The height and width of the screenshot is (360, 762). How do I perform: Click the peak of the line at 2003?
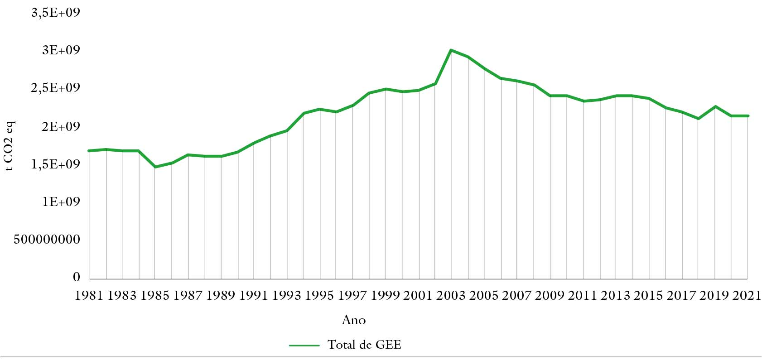click(451, 50)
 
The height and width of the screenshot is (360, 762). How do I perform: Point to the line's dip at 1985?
click(155, 167)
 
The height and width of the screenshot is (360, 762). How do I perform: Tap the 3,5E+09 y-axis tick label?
click(55, 13)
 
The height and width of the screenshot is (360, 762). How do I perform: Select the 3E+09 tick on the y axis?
click(61, 50)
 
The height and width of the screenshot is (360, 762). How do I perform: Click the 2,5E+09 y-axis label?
click(55, 88)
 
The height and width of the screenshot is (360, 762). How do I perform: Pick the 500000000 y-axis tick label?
click(47, 240)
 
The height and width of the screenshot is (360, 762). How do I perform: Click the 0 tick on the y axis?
click(76, 277)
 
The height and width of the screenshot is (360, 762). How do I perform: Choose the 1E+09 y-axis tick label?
click(61, 202)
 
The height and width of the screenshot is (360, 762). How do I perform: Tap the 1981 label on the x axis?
click(89, 296)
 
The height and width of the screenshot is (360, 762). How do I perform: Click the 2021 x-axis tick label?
click(747, 296)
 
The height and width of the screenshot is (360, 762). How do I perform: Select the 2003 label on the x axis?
click(451, 296)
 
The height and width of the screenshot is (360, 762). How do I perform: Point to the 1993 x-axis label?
click(286, 296)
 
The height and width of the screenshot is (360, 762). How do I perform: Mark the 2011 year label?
click(582, 296)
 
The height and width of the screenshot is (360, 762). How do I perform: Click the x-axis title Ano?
click(353, 320)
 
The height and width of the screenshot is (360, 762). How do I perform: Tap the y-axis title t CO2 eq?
click(10, 146)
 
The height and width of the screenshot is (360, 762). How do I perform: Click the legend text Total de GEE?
click(364, 345)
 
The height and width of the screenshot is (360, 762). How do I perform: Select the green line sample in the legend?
click(304, 346)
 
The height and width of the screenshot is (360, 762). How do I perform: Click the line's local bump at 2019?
click(715, 106)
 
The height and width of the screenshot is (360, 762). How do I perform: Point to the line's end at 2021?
click(748, 116)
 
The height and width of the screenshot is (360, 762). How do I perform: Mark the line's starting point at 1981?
click(89, 150)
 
